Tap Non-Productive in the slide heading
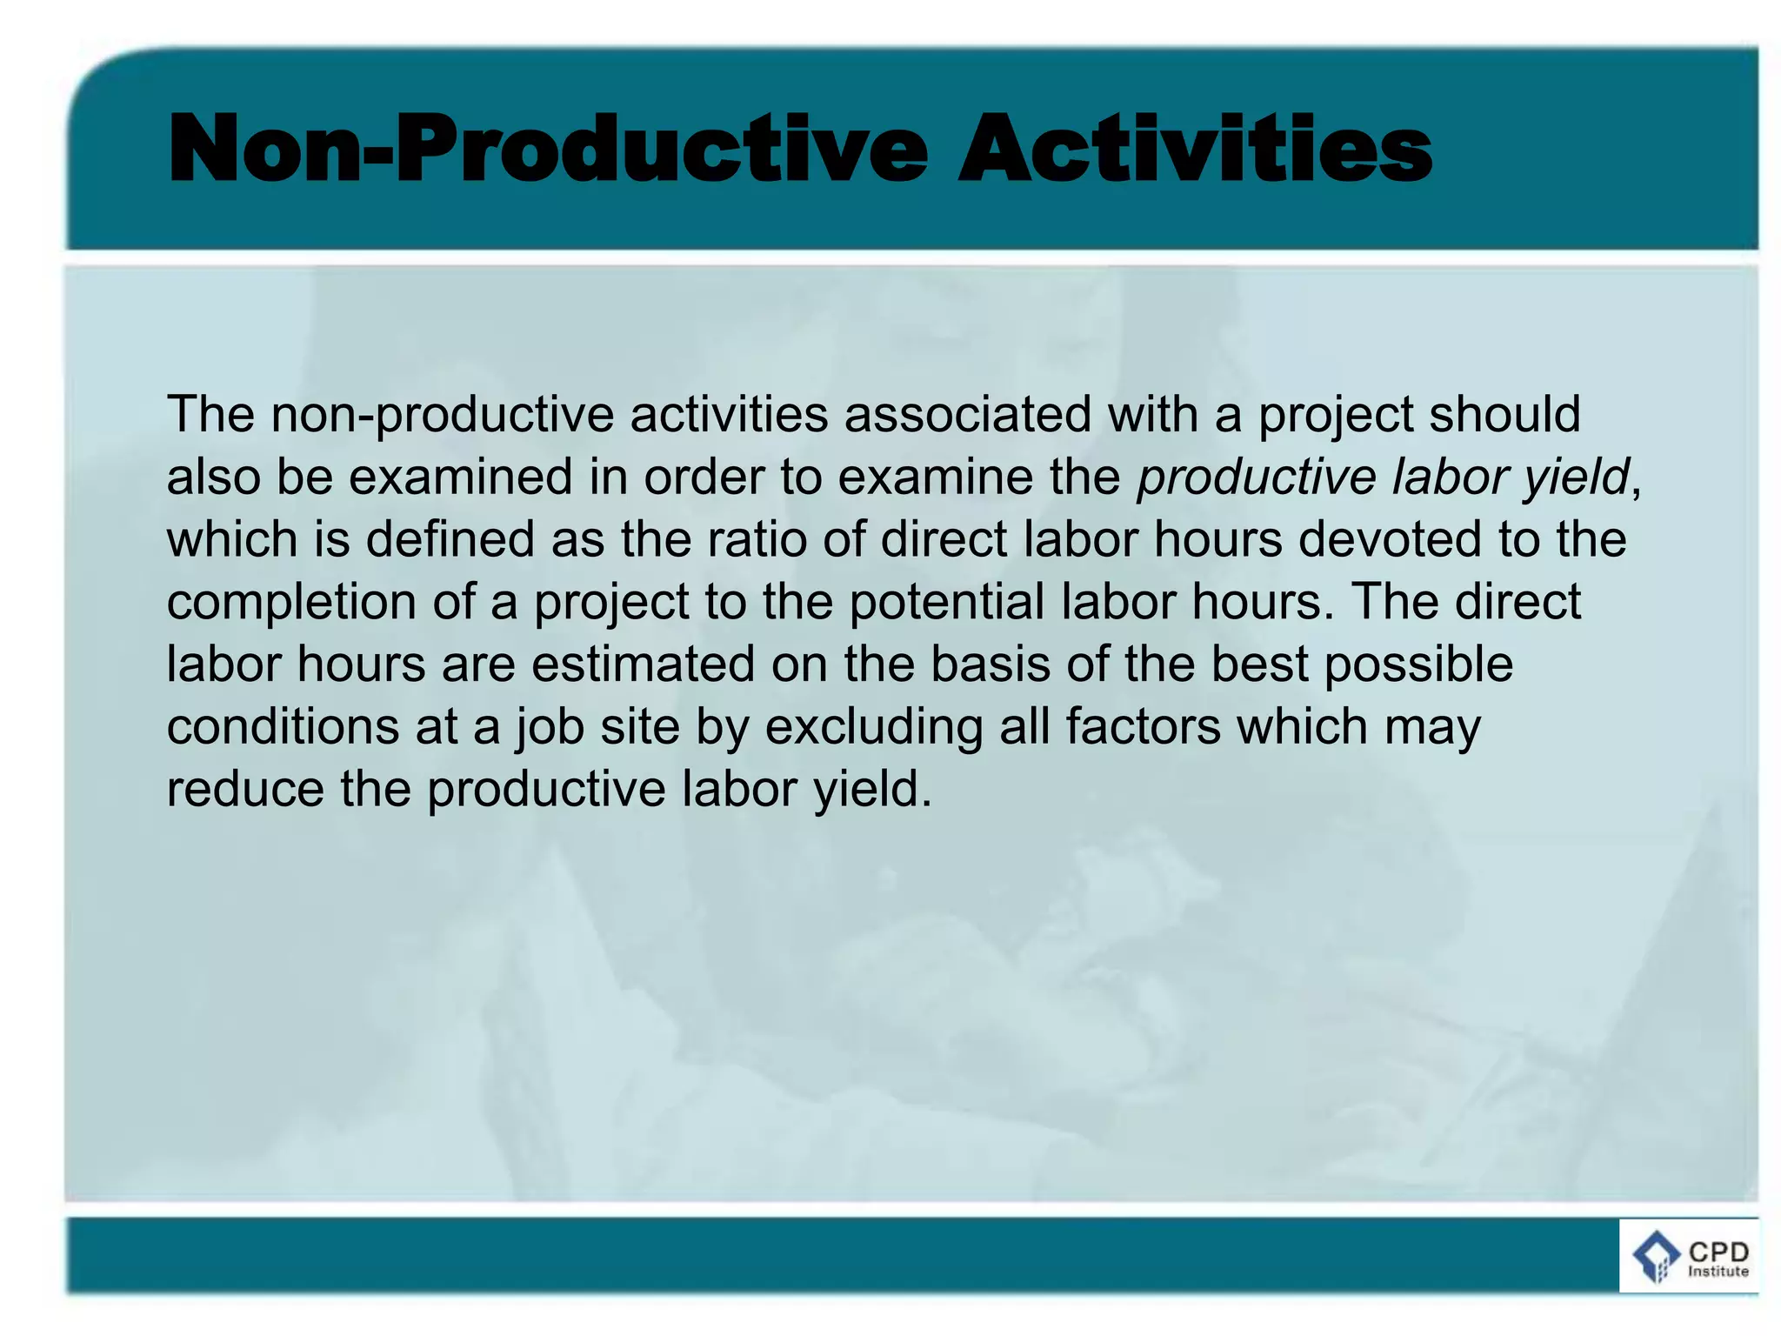pos(548,150)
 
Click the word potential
pos(947,602)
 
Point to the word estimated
pos(643,665)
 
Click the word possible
pos(1418,665)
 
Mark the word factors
pos(1144,727)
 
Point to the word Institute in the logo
pos(1718,1272)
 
